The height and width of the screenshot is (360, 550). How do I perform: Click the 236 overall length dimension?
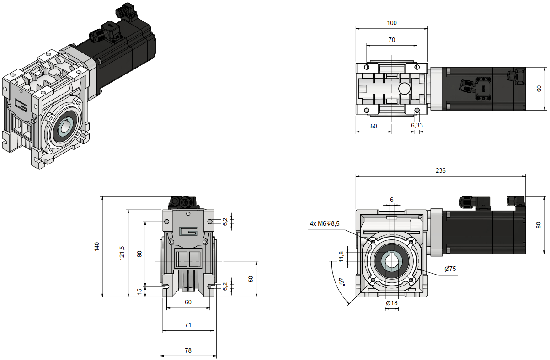pos(440,170)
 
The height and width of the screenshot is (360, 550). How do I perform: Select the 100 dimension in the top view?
pos(392,23)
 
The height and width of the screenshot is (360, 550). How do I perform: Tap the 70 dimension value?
pos(392,40)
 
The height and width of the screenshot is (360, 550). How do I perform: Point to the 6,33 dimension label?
pos(417,125)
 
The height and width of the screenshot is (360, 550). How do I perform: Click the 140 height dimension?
pos(96,247)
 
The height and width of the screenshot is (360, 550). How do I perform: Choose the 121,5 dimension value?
pos(122,254)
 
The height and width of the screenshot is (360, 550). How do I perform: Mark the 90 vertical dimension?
pos(139,254)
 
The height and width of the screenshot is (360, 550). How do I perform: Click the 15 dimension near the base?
pos(139,291)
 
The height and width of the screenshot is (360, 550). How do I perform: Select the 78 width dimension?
pos(188,350)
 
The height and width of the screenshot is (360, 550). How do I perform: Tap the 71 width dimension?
pos(188,325)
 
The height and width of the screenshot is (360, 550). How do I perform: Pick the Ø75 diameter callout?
pos(450,269)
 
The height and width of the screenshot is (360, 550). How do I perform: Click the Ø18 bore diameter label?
pos(392,303)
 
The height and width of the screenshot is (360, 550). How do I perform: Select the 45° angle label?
pos(341,282)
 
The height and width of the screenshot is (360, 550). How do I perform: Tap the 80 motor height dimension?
pos(538,225)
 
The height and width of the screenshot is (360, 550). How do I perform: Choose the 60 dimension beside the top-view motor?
pos(539,89)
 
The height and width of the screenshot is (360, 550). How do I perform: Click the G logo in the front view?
pos(188,231)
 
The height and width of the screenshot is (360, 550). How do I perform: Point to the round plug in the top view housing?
pos(404,88)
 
